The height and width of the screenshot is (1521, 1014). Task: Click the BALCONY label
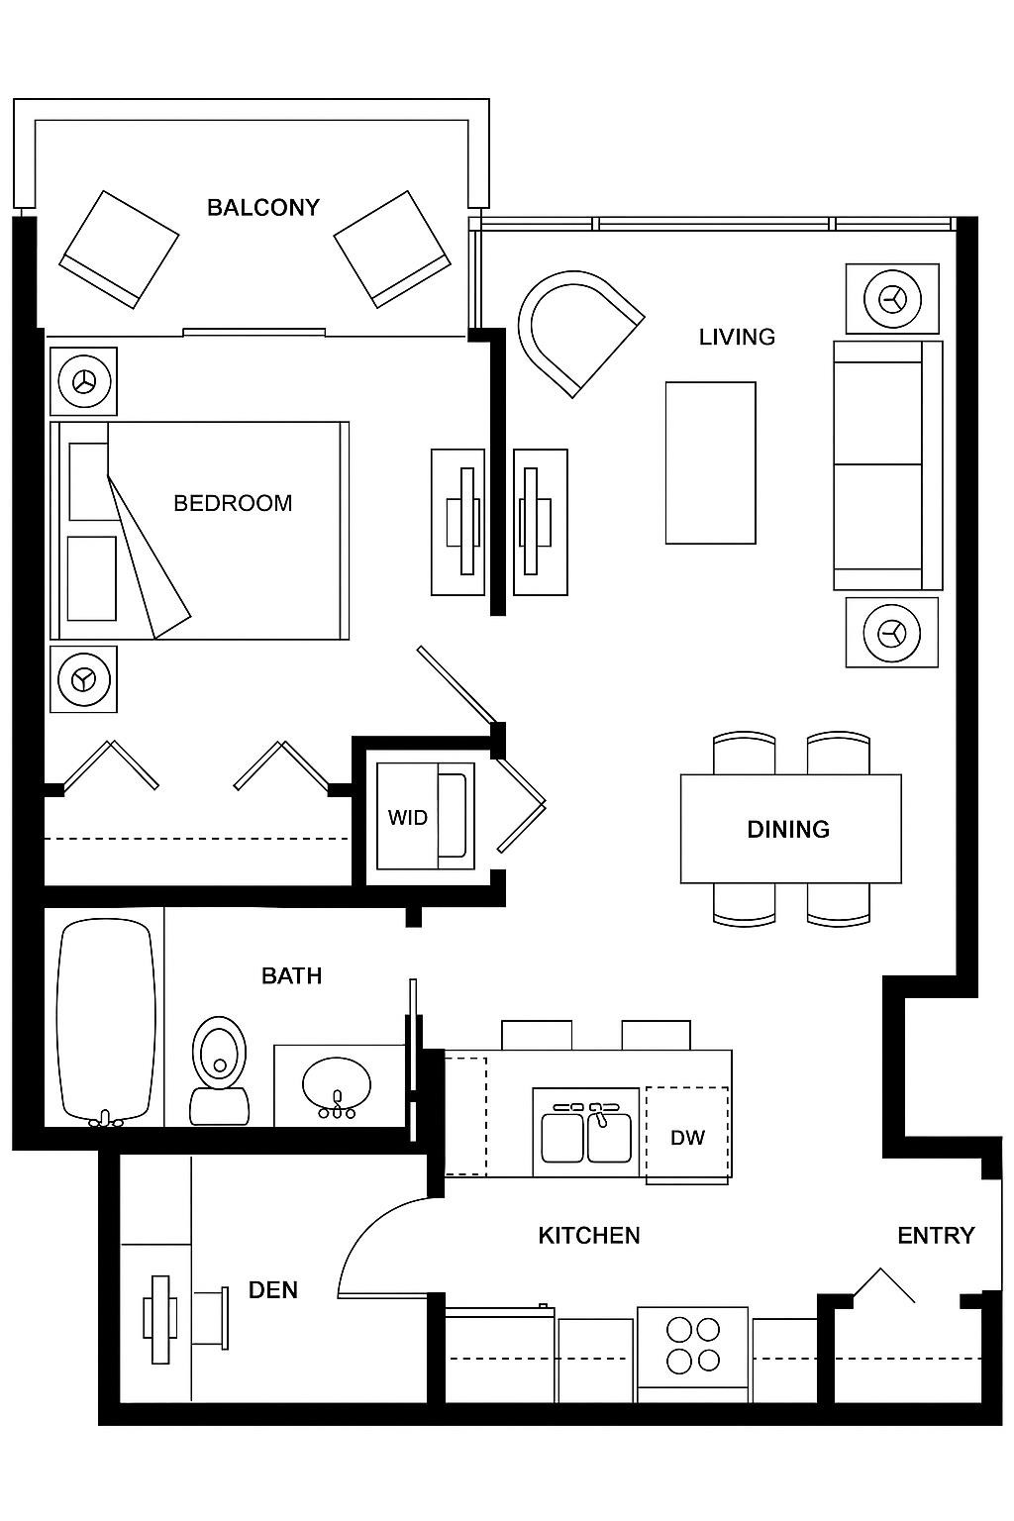click(x=263, y=207)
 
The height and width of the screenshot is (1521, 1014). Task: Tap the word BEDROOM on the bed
click(x=233, y=503)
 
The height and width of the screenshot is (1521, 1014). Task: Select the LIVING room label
click(x=737, y=337)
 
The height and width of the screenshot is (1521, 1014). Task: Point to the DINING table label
click(x=788, y=829)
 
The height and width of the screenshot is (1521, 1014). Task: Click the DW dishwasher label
click(x=687, y=1137)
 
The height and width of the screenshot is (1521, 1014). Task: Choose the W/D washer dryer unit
click(x=422, y=817)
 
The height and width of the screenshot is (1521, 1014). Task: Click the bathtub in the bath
click(x=106, y=1020)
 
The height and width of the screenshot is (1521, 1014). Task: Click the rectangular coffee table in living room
click(x=710, y=462)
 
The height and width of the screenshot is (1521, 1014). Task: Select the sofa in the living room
click(x=886, y=465)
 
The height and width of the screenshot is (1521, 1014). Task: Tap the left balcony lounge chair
click(x=118, y=249)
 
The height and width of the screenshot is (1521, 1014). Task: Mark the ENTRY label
click(x=936, y=1235)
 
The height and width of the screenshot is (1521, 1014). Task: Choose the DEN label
click(x=272, y=1289)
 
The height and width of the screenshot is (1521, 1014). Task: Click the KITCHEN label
click(x=589, y=1235)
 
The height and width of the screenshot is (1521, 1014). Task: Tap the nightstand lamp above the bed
click(x=84, y=380)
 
